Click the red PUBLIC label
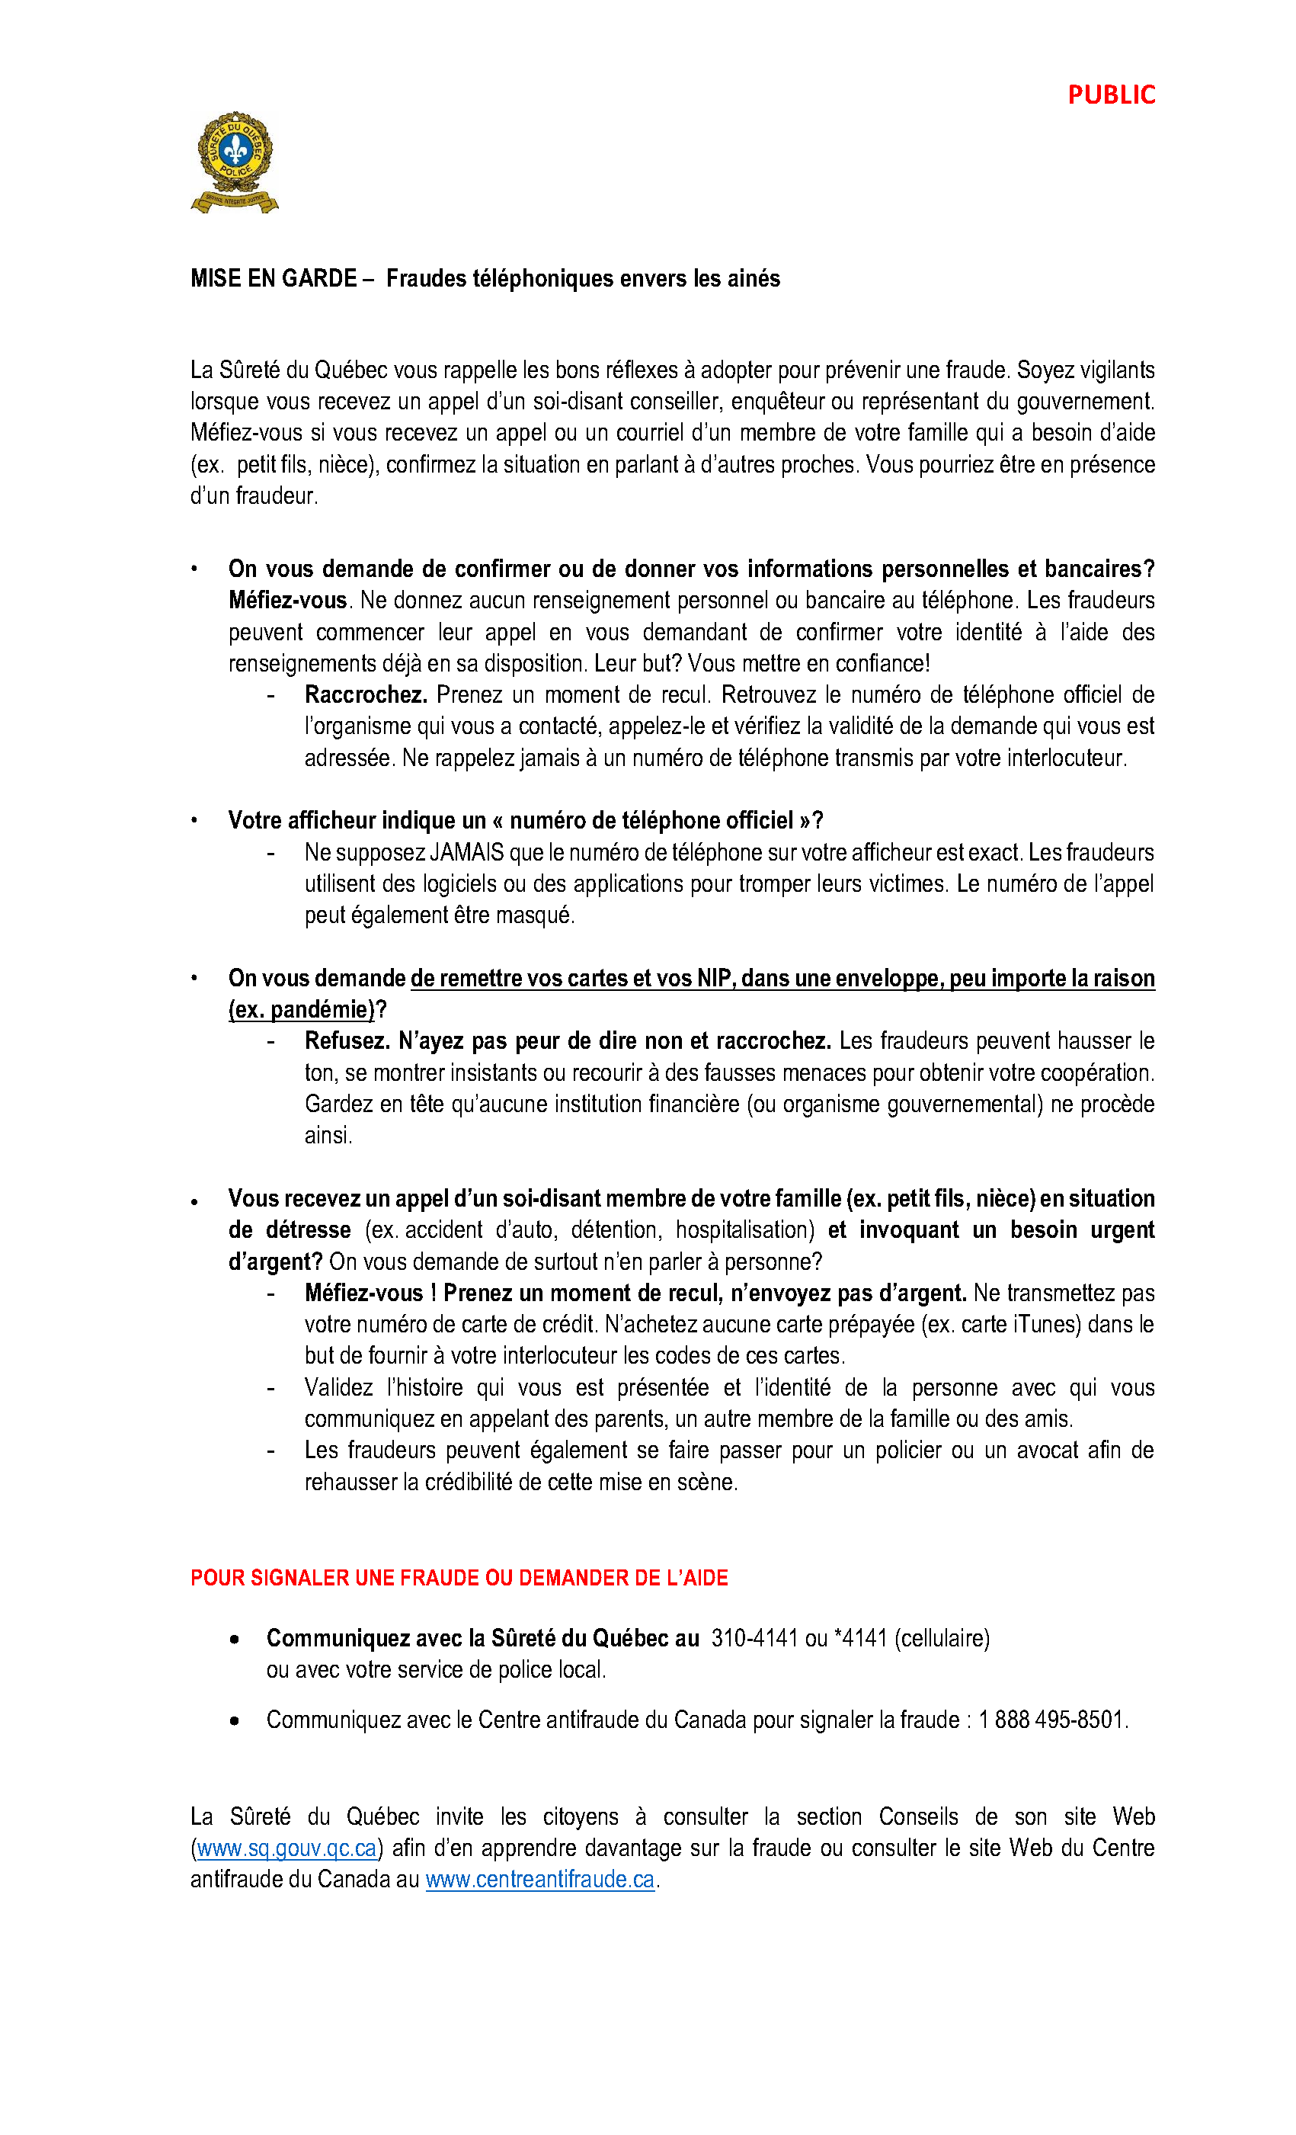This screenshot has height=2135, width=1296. [1111, 95]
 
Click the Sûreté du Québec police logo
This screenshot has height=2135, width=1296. [234, 162]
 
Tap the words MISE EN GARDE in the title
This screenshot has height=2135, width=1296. [273, 278]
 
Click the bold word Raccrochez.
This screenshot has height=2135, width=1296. [366, 695]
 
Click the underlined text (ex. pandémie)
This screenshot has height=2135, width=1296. [302, 1009]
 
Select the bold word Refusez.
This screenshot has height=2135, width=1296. [347, 1040]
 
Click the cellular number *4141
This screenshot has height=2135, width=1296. [860, 1639]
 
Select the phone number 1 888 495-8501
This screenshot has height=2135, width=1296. [1050, 1719]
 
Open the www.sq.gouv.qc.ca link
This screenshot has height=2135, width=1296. [286, 1848]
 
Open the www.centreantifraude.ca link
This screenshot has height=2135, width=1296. [539, 1880]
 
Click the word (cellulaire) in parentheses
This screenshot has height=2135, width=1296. [942, 1639]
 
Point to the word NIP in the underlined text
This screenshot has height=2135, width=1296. [715, 978]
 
